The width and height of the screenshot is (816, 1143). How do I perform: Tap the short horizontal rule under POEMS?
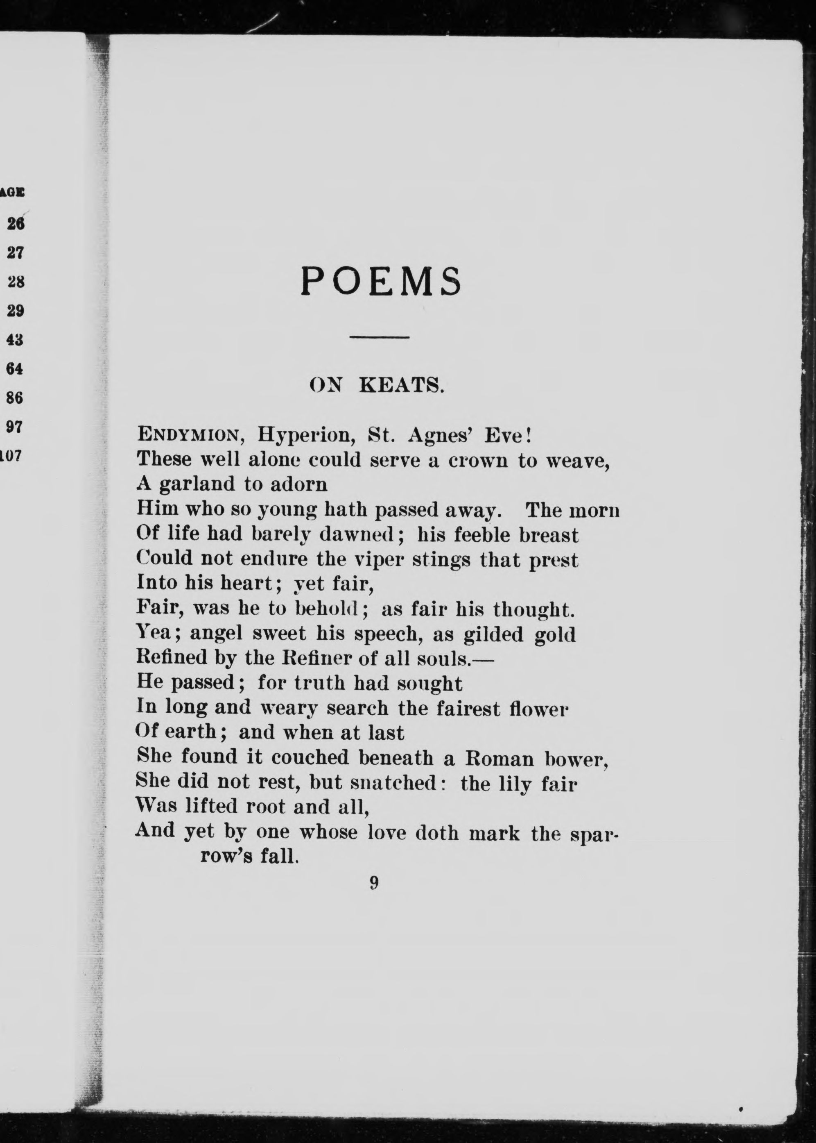click(380, 336)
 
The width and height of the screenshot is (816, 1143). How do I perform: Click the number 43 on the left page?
click(15, 340)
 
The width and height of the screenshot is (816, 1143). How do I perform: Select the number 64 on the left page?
click(15, 369)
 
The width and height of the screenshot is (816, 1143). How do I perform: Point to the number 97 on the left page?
click(15, 427)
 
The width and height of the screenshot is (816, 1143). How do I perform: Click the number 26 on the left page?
click(16, 224)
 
